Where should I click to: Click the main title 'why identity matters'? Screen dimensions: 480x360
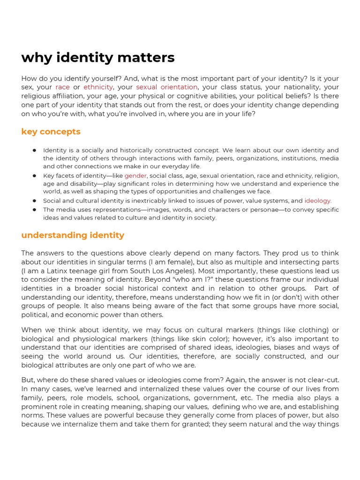[x=98, y=58]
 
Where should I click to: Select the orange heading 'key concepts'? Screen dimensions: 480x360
[x=51, y=132]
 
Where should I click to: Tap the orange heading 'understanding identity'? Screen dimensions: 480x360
[x=73, y=235]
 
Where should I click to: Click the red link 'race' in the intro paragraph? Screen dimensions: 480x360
[x=62, y=87]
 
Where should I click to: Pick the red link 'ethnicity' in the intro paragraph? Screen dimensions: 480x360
[x=98, y=87]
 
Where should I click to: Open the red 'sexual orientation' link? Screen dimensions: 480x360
[x=167, y=87]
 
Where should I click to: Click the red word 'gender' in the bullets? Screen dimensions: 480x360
[x=135, y=176]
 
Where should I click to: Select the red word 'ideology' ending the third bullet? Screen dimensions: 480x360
[x=317, y=201]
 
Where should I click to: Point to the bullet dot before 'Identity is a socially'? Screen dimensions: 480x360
[x=35, y=150]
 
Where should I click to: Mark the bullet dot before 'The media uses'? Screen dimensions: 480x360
[x=35, y=210]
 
